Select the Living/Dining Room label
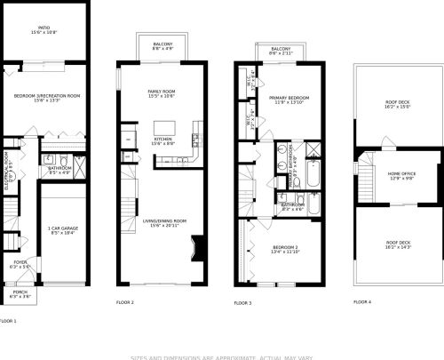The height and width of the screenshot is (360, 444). pyautogui.click(x=163, y=222)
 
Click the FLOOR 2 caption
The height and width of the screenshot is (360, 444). pyautogui.click(x=125, y=303)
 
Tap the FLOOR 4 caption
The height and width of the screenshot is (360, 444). pyautogui.click(x=362, y=302)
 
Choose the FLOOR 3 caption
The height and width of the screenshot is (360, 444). pyautogui.click(x=242, y=303)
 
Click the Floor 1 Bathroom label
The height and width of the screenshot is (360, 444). pyautogui.click(x=59, y=169)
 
